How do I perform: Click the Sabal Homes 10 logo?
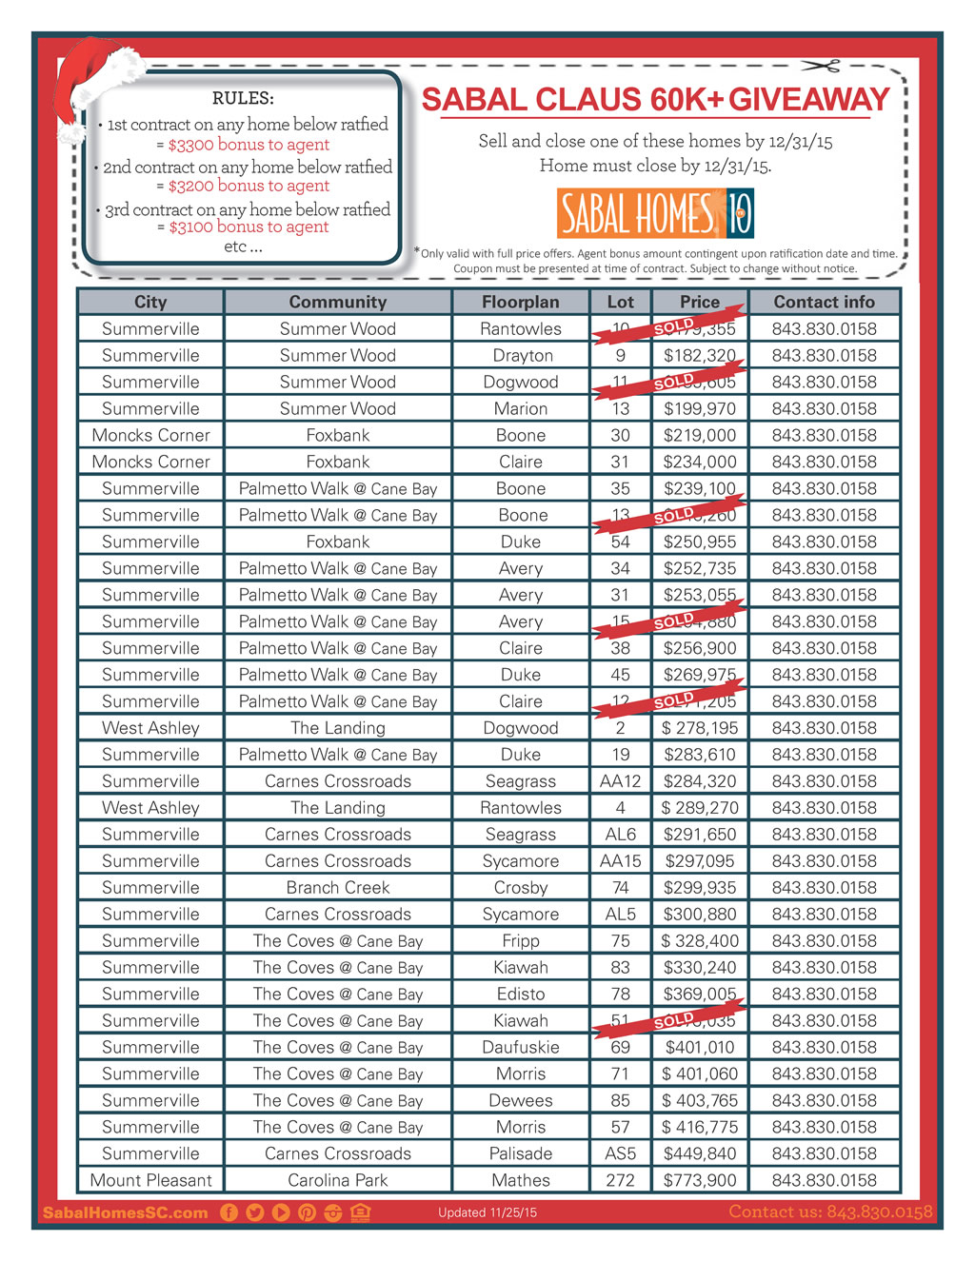(655, 213)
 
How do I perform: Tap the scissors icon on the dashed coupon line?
(821, 66)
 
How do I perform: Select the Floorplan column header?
(520, 302)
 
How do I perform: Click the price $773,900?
(700, 1180)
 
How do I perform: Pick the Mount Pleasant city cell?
(150, 1180)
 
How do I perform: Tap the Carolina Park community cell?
(338, 1180)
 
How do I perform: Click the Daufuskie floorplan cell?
(520, 1047)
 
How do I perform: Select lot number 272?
(620, 1180)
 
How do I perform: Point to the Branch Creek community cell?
(338, 887)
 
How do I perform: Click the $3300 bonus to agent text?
(249, 145)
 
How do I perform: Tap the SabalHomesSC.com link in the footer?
(125, 1212)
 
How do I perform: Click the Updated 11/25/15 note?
(487, 1212)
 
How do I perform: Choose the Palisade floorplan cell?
(520, 1153)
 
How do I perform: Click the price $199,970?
(700, 408)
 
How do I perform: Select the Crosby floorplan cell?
(520, 887)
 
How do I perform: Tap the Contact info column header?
(824, 302)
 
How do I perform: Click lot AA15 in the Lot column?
(620, 860)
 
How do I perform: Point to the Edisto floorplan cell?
(520, 994)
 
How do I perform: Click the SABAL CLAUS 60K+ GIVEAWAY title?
(655, 100)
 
